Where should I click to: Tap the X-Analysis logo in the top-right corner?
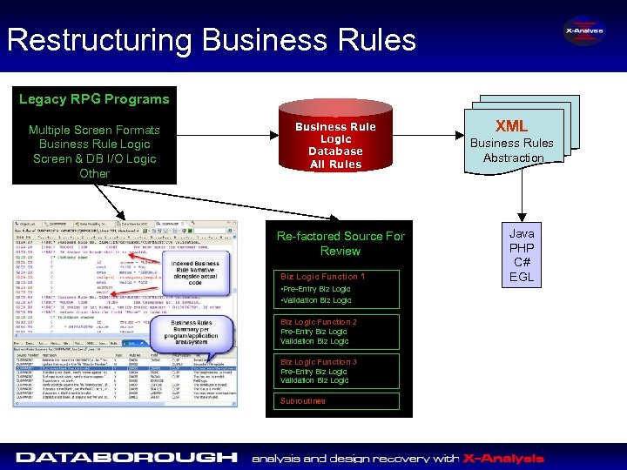583,33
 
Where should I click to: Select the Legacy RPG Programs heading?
94,99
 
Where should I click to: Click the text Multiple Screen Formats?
94,130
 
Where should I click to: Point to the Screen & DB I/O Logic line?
94,158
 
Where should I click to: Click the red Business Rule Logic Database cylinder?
335,144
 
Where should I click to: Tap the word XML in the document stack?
512,126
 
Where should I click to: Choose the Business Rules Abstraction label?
512,150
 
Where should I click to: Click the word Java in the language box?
522,233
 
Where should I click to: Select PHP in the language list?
522,248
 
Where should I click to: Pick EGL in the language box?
522,278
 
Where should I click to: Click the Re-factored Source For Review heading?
340,243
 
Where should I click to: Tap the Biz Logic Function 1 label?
322,277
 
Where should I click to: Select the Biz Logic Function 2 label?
318,322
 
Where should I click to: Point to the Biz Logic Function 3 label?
318,362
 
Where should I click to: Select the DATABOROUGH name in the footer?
126,457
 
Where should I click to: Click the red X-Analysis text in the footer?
503,458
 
